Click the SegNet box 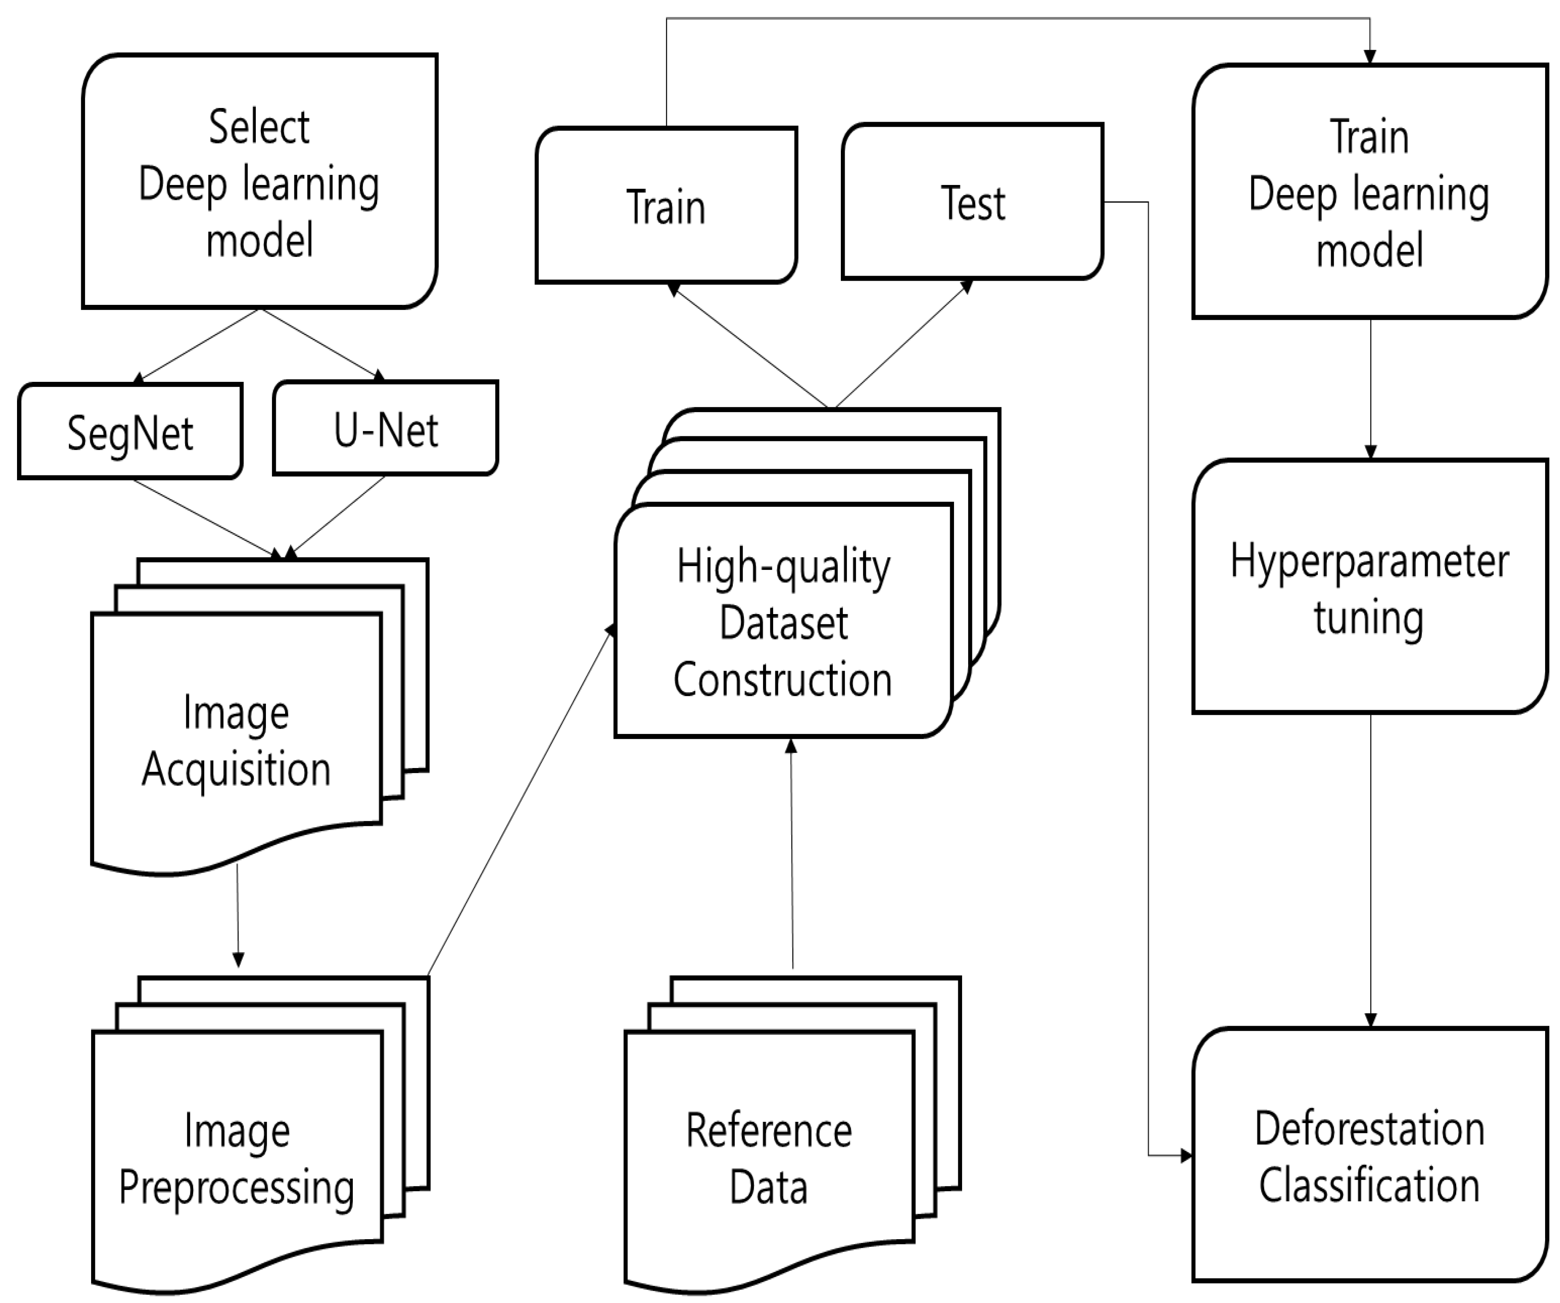click(x=130, y=432)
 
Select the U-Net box click(x=385, y=428)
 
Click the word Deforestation click(x=1369, y=1129)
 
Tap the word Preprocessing click(x=236, y=1188)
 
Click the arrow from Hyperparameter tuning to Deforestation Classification click(x=1371, y=869)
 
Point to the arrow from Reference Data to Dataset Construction click(x=792, y=854)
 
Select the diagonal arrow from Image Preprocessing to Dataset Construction click(x=520, y=802)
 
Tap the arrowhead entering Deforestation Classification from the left click(x=1186, y=1155)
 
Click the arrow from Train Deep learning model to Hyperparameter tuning click(x=1371, y=386)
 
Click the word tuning click(x=1369, y=618)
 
